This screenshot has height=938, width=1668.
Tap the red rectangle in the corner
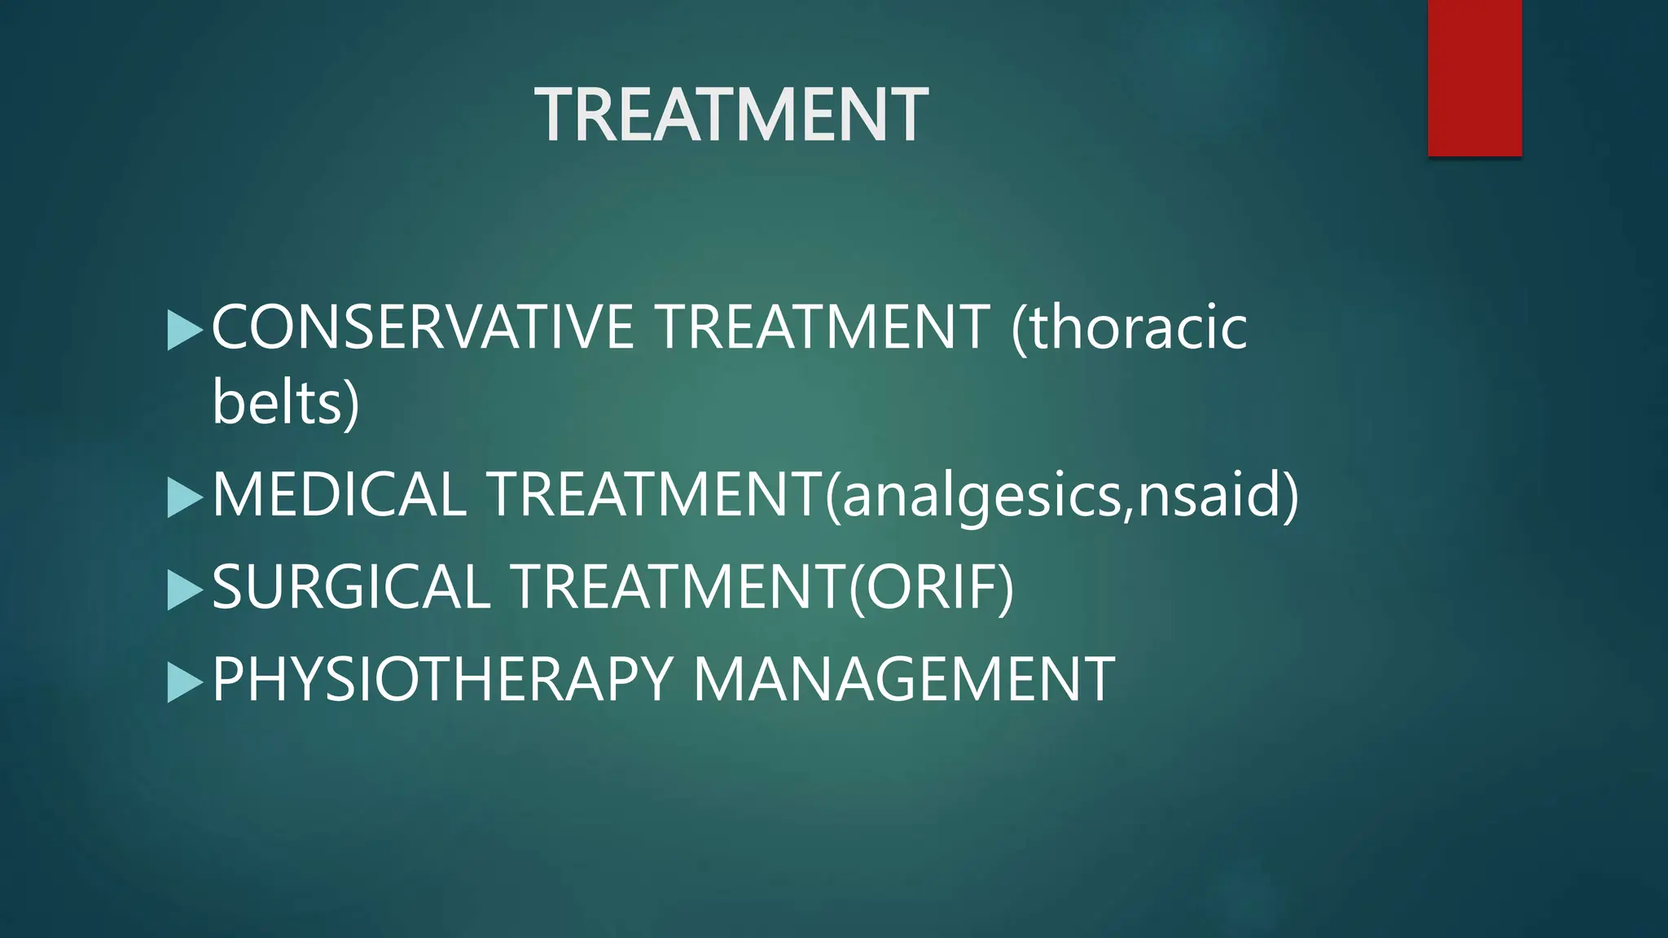[1474, 78]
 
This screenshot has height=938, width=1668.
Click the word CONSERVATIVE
[423, 327]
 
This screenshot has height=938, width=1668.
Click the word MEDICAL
[339, 494]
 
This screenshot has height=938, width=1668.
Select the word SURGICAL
[351, 587]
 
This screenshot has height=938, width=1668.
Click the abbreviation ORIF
[932, 587]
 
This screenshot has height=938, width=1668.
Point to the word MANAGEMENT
[903, 679]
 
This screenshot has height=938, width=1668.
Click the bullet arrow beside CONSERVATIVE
[184, 331]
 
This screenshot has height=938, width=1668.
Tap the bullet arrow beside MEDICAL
[184, 497]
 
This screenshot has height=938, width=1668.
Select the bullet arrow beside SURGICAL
[184, 590]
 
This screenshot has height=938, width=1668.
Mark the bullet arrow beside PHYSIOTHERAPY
[184, 682]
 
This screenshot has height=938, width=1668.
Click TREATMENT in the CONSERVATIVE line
[823, 327]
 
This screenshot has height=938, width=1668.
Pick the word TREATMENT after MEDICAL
[656, 494]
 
